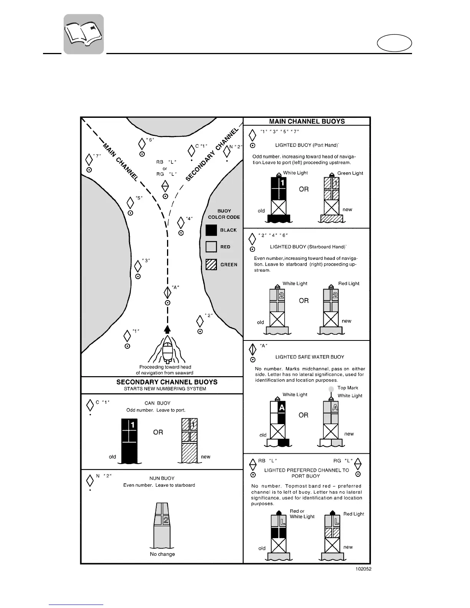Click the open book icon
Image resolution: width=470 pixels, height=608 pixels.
coord(84,34)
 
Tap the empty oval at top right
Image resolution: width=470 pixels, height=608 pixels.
coord(394,43)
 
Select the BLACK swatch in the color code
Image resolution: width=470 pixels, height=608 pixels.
coord(211,230)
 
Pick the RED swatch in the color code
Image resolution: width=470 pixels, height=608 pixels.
coord(211,246)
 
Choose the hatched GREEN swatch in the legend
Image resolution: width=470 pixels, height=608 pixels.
coord(211,264)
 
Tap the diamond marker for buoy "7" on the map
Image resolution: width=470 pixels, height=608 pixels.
coord(89,160)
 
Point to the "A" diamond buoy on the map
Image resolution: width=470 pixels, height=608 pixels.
coord(167,292)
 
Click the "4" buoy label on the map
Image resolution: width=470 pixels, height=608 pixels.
coord(189,218)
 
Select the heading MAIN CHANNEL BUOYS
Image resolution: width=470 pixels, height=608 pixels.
coord(307,121)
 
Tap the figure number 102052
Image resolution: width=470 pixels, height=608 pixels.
coord(363,569)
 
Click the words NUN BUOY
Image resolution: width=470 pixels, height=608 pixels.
coord(162,478)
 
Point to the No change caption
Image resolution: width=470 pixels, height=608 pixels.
coord(162,554)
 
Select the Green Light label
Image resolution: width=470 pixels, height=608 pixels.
coord(350,173)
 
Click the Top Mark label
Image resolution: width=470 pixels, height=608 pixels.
coord(348,388)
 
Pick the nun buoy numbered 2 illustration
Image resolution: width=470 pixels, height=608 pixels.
coord(162,525)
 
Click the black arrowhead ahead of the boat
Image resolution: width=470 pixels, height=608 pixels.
coord(167,329)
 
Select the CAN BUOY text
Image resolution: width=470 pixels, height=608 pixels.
coord(157,403)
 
